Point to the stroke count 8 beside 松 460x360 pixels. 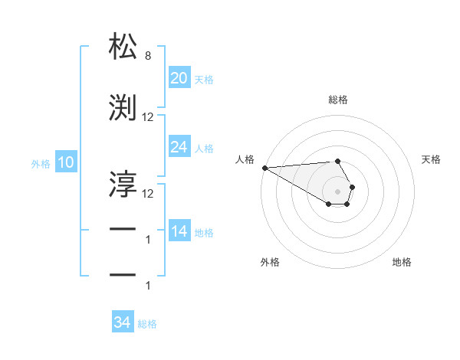point(147,56)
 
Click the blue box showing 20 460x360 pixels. point(179,78)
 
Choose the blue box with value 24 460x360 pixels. point(179,147)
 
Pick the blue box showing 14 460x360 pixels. point(179,232)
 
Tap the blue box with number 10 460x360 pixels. point(65,162)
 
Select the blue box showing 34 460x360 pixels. point(122,322)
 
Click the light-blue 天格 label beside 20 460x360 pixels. point(204,79)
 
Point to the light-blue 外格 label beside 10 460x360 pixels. point(41,163)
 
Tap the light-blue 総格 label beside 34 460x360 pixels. point(147,323)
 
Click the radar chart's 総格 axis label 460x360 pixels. point(338,100)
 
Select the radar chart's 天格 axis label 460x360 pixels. point(432,159)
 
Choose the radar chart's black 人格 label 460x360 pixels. point(245,159)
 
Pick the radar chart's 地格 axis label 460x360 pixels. point(402,262)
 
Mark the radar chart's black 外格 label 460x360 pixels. point(270,262)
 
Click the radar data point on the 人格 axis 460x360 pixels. point(264,168)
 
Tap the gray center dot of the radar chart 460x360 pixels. point(338,191)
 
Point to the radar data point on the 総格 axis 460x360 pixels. point(338,161)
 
